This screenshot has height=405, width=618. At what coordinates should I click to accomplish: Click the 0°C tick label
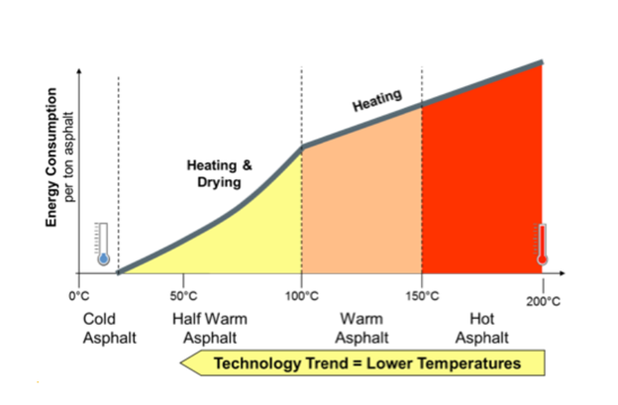(79, 295)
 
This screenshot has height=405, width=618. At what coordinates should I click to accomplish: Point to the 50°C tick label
(184, 295)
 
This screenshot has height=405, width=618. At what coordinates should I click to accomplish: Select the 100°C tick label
(302, 295)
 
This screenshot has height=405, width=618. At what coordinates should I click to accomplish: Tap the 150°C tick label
(422, 295)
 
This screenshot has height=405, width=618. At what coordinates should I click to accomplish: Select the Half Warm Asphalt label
(210, 328)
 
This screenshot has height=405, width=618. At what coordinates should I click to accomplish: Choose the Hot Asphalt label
(482, 328)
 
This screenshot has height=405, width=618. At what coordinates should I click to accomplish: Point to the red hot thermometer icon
(542, 244)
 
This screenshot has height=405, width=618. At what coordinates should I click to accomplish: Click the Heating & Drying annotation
(219, 174)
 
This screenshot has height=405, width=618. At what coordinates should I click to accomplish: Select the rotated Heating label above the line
(376, 101)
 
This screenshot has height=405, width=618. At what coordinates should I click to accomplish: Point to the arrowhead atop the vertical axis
(79, 72)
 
